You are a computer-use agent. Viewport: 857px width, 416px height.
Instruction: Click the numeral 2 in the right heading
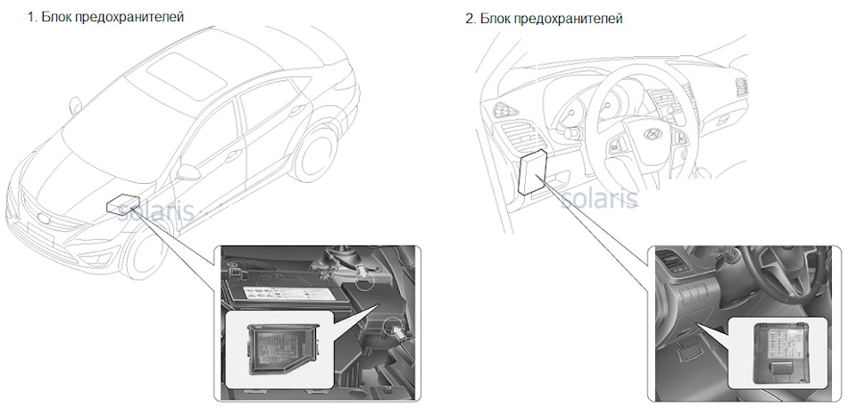(470, 18)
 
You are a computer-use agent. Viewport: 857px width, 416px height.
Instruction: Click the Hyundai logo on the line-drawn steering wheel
(628, 139)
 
